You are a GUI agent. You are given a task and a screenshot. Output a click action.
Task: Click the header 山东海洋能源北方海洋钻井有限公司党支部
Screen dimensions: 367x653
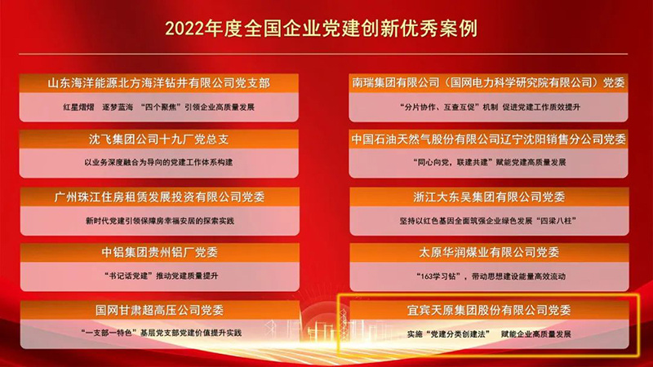[x=159, y=83]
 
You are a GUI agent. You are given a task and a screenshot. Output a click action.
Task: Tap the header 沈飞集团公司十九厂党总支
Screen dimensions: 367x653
[x=159, y=139]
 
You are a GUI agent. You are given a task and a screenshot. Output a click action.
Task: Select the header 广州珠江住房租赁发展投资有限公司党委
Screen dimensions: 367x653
[x=159, y=197]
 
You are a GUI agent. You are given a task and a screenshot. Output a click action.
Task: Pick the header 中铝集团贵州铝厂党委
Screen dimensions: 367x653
[x=159, y=253]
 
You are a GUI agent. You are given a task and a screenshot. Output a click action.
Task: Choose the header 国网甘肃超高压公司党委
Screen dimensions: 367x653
[x=159, y=310]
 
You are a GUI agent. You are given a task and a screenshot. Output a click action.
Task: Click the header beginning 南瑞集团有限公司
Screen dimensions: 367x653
[x=488, y=83]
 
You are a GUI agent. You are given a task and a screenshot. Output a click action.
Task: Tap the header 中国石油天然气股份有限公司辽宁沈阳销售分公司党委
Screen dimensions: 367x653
[x=488, y=139]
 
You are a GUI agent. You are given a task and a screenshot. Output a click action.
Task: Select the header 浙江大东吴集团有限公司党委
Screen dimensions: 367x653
[x=488, y=197]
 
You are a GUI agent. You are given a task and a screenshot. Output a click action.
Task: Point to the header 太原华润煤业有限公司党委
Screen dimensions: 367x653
[x=488, y=253]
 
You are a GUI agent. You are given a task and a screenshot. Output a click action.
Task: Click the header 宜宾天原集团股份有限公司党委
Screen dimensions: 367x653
[x=488, y=310]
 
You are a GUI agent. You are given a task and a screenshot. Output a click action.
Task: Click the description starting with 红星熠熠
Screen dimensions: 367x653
[x=159, y=107]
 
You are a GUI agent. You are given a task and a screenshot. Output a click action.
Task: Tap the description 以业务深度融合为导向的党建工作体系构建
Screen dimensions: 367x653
[x=159, y=162]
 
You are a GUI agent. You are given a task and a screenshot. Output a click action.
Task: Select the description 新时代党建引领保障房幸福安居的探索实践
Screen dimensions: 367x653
[x=159, y=219]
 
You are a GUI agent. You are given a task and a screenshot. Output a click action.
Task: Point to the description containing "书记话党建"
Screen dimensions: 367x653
[x=159, y=276]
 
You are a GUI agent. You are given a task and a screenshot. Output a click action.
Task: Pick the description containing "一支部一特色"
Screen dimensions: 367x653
[x=159, y=333]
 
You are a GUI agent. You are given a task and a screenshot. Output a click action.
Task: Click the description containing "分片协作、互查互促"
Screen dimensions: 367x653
[x=488, y=107]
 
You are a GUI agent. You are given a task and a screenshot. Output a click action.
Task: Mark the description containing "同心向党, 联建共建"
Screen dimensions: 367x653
[x=488, y=162]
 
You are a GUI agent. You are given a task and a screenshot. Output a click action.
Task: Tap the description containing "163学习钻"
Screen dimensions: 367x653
[x=488, y=276]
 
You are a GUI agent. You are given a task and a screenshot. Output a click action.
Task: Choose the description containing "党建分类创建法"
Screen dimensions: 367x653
[x=488, y=334]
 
